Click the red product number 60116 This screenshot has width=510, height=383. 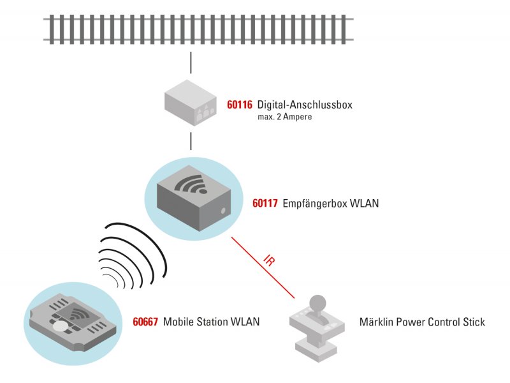(x=240, y=105)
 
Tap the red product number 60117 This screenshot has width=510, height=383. (x=265, y=203)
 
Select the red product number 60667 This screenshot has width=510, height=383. (x=145, y=322)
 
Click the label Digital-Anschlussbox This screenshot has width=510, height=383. (x=305, y=105)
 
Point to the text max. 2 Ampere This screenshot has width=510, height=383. (x=284, y=117)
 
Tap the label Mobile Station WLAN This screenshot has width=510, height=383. (x=212, y=322)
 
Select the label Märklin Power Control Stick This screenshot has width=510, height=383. (x=422, y=322)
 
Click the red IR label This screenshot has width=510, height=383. (x=269, y=260)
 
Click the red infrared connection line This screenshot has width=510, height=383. (x=263, y=267)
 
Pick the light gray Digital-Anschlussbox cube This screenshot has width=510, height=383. (x=190, y=103)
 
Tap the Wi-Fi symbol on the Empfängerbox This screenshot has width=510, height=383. (x=191, y=184)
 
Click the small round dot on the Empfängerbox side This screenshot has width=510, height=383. (x=223, y=211)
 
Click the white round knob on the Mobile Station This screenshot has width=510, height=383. (x=61, y=326)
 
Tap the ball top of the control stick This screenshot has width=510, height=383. (x=317, y=302)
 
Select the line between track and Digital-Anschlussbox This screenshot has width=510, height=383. (x=191, y=63)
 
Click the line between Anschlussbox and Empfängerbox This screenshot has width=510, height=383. (x=191, y=141)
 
